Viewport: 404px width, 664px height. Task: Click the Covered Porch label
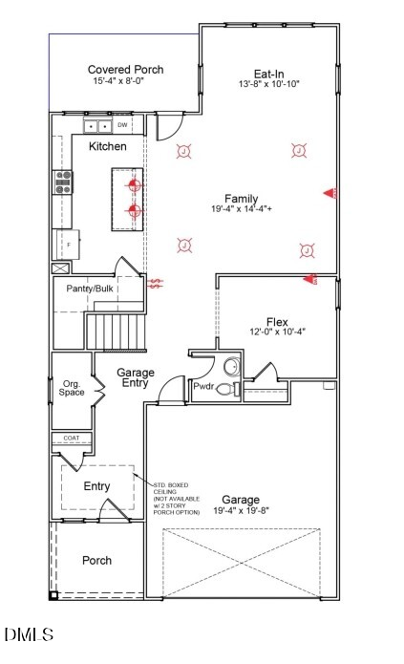[125, 70]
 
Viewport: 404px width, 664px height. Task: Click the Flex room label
[277, 322]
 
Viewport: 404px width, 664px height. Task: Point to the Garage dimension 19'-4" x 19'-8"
[241, 511]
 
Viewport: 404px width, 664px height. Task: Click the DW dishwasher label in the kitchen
[122, 125]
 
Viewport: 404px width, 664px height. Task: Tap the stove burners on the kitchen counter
[64, 182]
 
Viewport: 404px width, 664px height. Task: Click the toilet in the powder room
[225, 389]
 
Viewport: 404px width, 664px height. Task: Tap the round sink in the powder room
[231, 367]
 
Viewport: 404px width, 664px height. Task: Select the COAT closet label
[72, 439]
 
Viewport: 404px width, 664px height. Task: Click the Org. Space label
[72, 388]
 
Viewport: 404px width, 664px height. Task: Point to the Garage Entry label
[137, 377]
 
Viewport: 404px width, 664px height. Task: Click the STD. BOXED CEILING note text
[177, 499]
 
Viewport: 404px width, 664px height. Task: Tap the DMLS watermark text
[29, 634]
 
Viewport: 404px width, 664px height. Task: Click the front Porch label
[96, 560]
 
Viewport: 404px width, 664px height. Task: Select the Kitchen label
[107, 147]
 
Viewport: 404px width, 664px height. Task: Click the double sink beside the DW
[96, 125]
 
